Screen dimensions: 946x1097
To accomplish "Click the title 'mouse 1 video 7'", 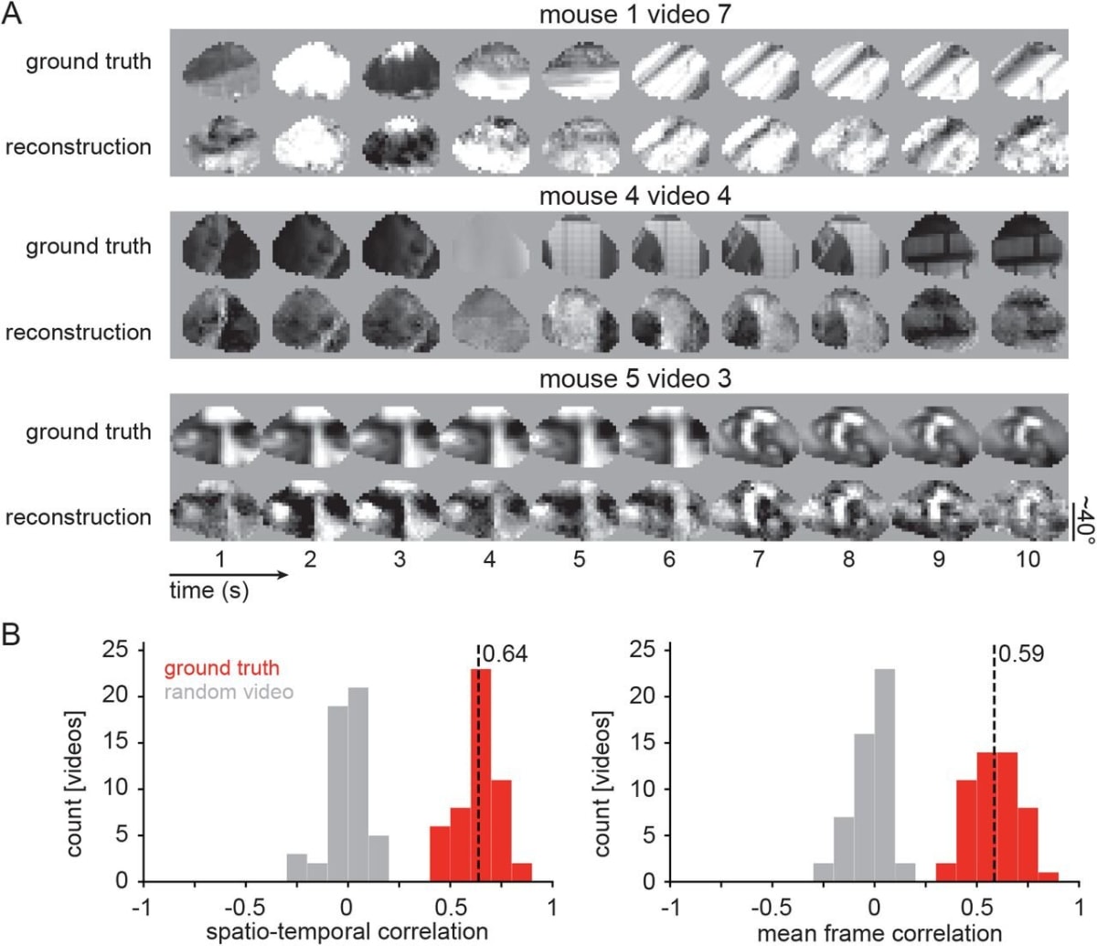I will point(634,15).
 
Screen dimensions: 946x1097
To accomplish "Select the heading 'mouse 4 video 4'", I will point(634,197).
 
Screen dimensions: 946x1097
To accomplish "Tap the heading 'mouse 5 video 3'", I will point(634,379).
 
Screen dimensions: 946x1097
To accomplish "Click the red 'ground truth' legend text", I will point(222,669).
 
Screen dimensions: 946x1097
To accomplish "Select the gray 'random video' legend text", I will point(229,692).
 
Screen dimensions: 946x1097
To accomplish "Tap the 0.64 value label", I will point(505,654).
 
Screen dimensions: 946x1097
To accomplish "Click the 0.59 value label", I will point(1020,654).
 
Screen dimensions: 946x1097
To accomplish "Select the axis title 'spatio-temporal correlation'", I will point(347,932).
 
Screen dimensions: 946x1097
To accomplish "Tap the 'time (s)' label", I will point(209,591).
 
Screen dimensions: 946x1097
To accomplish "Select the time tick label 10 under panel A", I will point(1028,558).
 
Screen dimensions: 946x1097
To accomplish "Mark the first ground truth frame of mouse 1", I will point(219,72).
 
